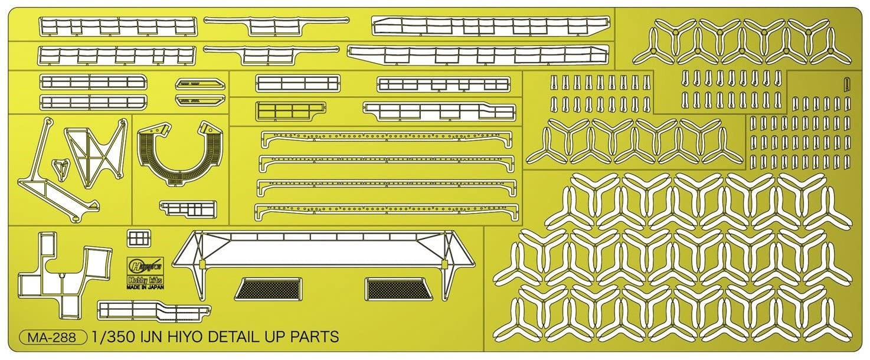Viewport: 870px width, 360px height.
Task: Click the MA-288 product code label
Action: point(53,338)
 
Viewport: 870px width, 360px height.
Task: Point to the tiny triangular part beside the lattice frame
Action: point(59,169)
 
